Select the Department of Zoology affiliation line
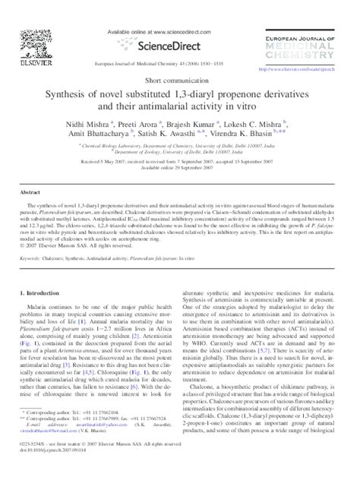pos(179,151)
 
